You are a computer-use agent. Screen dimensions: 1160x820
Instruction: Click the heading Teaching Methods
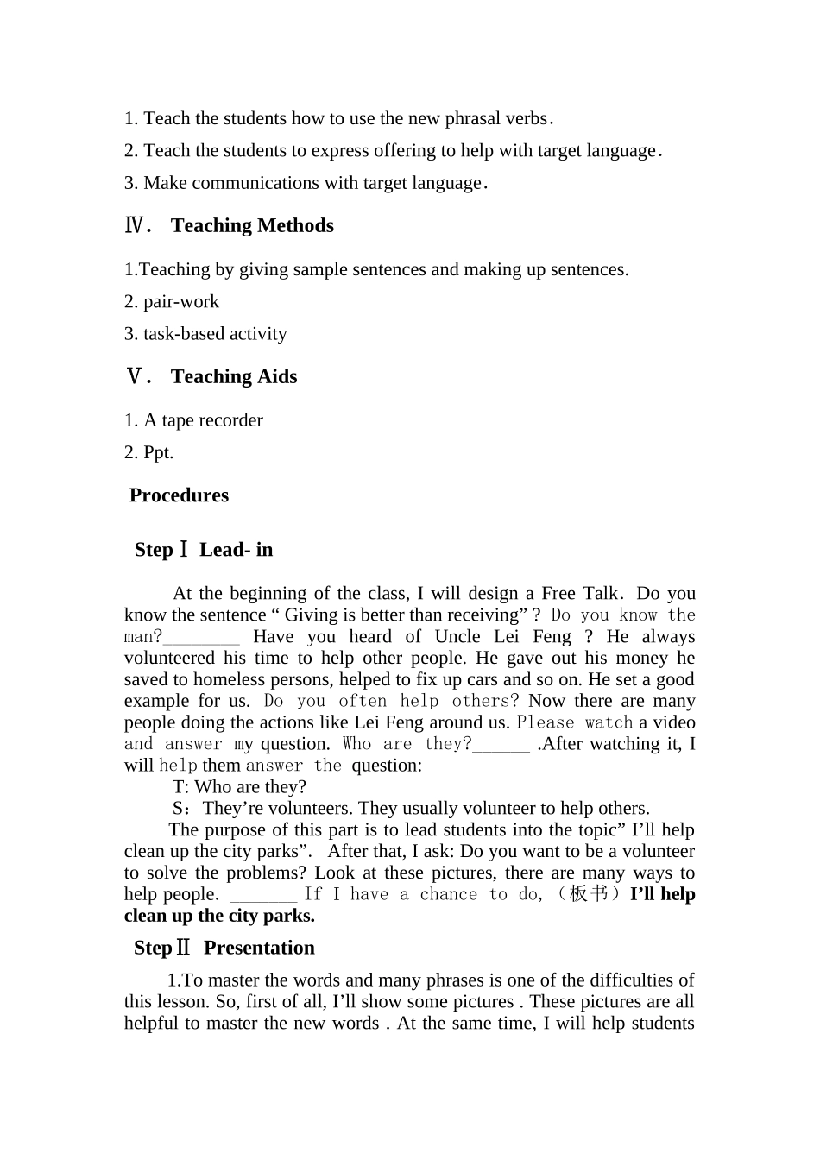coord(252,226)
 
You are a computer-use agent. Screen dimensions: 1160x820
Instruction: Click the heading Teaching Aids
coord(234,377)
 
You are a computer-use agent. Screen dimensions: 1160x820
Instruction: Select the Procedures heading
coord(179,495)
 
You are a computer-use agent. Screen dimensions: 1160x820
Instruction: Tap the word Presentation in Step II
coord(259,948)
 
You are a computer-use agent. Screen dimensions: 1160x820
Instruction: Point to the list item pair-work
coord(181,302)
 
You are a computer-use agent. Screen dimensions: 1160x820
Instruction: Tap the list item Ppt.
coord(158,453)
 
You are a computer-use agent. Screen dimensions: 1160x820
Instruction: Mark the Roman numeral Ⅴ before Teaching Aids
coord(135,377)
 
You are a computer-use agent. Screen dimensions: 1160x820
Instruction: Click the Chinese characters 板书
coord(590,894)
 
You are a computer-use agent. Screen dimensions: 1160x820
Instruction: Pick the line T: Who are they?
coord(239,787)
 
